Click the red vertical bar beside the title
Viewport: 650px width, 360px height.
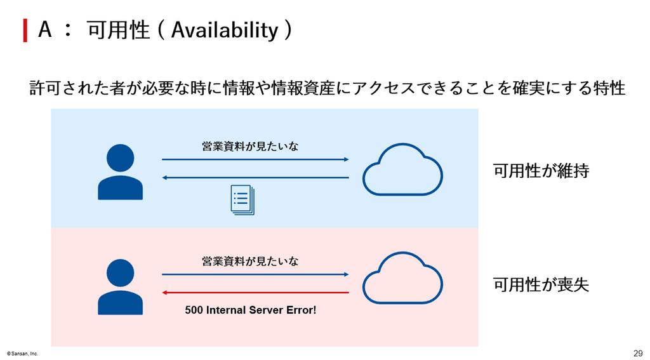pyautogui.click(x=25, y=30)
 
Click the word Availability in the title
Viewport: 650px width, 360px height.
pyautogui.click(x=224, y=30)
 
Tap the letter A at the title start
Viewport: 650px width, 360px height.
pyautogui.click(x=45, y=29)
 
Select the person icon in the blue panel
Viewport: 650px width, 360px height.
pyautogui.click(x=120, y=171)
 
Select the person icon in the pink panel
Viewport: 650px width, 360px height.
pyautogui.click(x=120, y=286)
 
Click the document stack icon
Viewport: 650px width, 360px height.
pyautogui.click(x=242, y=200)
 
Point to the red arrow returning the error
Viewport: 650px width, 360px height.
pyautogui.click(x=255, y=293)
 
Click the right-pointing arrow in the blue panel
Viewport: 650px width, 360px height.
pyautogui.click(x=255, y=159)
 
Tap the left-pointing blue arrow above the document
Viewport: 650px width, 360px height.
pyautogui.click(x=255, y=178)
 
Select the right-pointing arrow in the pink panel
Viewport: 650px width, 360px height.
pyautogui.click(x=255, y=274)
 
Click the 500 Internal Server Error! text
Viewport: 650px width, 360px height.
pyautogui.click(x=250, y=310)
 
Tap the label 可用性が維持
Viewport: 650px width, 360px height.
pyautogui.click(x=541, y=170)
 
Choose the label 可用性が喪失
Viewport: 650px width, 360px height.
pyautogui.click(x=541, y=284)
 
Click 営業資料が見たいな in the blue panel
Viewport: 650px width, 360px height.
pyautogui.click(x=250, y=146)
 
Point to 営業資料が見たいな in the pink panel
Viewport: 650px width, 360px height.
pyautogui.click(x=250, y=261)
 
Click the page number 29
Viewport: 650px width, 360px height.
pyautogui.click(x=638, y=354)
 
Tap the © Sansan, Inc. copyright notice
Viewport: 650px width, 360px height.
pyautogui.click(x=22, y=354)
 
